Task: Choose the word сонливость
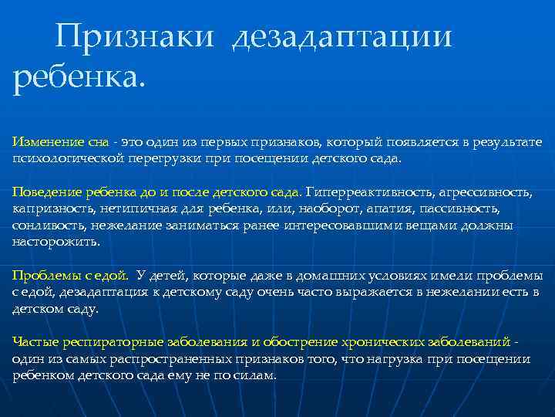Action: click(48, 225)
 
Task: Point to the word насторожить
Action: click(55, 242)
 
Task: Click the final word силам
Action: click(254, 375)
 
